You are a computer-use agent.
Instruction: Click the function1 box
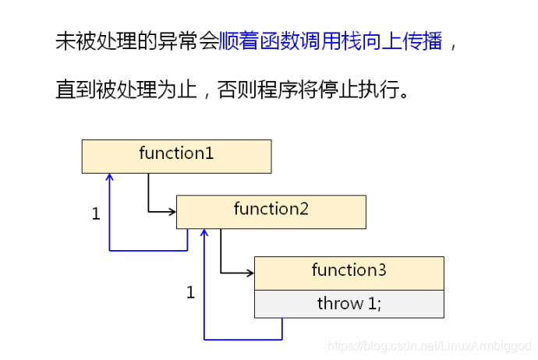(x=176, y=156)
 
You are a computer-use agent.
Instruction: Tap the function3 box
(x=349, y=273)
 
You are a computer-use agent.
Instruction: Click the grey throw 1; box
(x=349, y=304)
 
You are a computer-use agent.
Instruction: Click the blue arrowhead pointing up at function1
(x=110, y=178)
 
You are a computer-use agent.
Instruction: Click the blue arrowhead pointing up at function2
(x=204, y=234)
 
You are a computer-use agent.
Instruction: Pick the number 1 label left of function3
(x=190, y=293)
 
